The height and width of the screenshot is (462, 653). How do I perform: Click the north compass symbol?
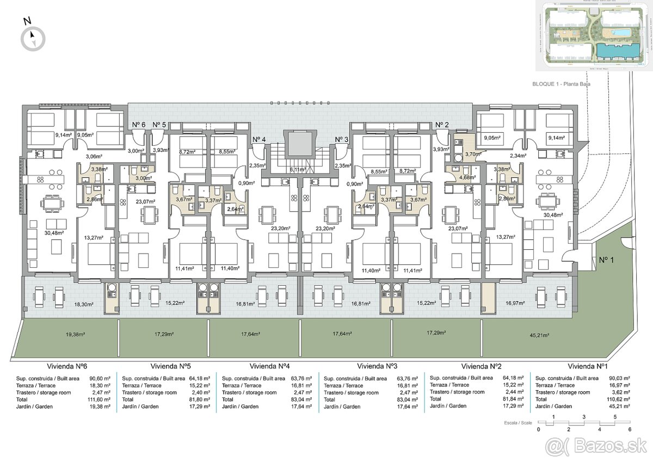pos(33,38)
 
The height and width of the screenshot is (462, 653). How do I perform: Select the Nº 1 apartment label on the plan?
pos(606,260)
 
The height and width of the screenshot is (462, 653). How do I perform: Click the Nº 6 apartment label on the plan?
pos(139,125)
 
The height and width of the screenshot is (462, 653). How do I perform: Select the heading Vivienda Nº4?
pos(273,366)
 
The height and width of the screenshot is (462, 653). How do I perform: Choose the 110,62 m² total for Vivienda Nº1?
pos(619,399)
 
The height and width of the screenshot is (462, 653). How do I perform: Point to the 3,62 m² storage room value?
pos(621,392)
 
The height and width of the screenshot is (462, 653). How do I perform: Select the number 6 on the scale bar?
pos(630,430)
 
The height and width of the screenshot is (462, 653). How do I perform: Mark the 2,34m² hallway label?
pos(516,156)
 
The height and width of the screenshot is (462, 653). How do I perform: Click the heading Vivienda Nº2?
pos(484,366)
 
